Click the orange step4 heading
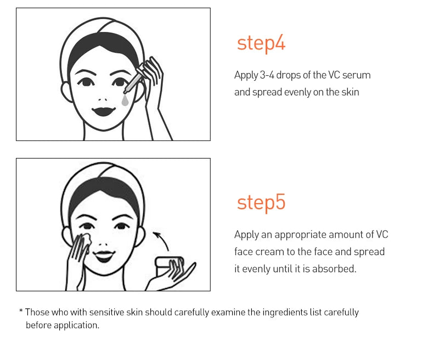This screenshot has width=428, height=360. click(x=261, y=44)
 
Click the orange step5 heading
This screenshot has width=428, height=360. click(x=261, y=203)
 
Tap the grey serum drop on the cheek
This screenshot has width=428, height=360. click(x=125, y=100)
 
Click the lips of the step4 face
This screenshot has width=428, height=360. click(x=104, y=111)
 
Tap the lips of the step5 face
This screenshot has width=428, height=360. click(x=104, y=256)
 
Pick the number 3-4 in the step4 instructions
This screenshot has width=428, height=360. click(x=267, y=75)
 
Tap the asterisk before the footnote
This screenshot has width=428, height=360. click(x=21, y=311)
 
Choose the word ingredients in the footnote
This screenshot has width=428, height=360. click(x=285, y=313)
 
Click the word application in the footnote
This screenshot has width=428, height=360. click(x=76, y=325)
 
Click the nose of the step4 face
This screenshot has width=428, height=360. click(x=103, y=99)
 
